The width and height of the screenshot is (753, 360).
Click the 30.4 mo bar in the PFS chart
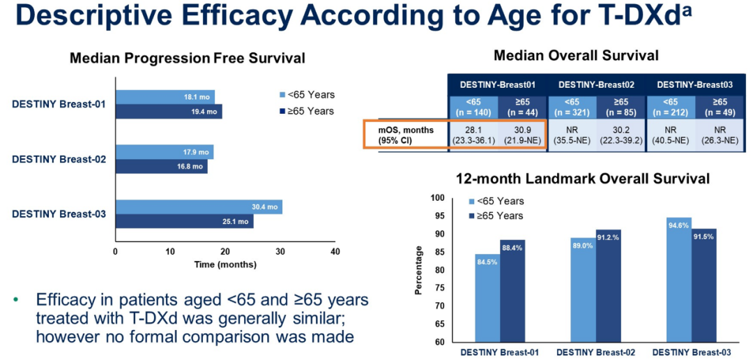pyautogui.click(x=199, y=207)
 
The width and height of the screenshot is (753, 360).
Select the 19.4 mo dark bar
pyautogui.click(x=169, y=111)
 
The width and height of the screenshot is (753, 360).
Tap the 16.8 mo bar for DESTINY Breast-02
pyautogui.click(x=161, y=166)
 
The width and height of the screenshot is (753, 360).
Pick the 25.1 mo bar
pyautogui.click(x=184, y=222)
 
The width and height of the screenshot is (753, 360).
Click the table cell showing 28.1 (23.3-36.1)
pyautogui.click(x=474, y=134)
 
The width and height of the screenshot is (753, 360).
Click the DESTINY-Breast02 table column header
pyautogui.click(x=596, y=84)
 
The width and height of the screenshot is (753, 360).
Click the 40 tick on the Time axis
pyautogui.click(x=335, y=251)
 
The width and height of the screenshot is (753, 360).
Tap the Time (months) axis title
pyautogui.click(x=225, y=264)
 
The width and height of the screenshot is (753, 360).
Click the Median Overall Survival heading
pyautogui.click(x=576, y=55)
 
